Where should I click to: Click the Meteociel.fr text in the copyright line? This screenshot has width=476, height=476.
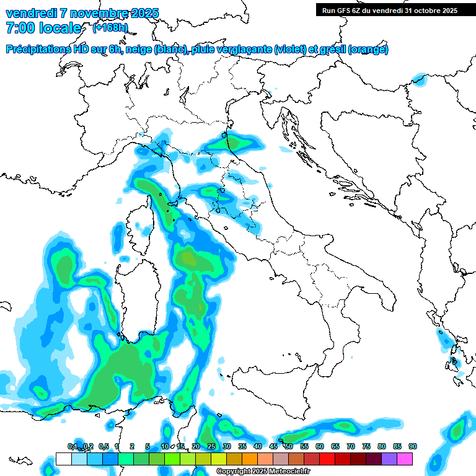point(292,472)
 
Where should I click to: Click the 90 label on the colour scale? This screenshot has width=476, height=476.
point(413,446)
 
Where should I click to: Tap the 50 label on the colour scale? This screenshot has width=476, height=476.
point(289,446)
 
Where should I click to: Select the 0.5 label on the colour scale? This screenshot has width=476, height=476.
point(103,446)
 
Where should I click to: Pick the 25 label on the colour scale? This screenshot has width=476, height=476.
point(211,446)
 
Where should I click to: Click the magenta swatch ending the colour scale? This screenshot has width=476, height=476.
point(405,459)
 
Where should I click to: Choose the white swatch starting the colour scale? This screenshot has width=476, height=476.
point(63,459)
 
